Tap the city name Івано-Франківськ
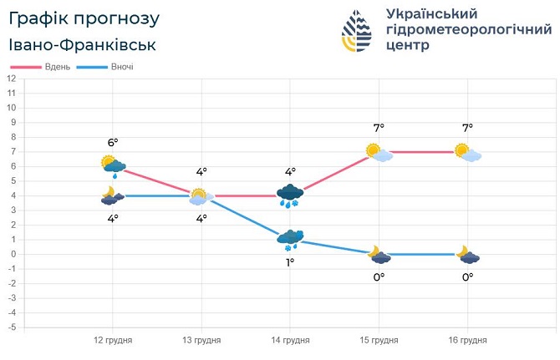(x=83, y=44)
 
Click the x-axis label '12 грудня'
(x=112, y=341)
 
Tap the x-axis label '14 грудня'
(x=290, y=341)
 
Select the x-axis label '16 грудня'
(x=467, y=341)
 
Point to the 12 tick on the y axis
(x=12, y=78)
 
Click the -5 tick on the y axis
(x=11, y=327)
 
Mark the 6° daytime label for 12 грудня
(x=113, y=143)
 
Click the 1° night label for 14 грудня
(x=290, y=262)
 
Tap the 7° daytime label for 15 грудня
(x=379, y=128)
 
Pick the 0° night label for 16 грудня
(x=467, y=277)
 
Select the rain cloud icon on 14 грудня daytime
(x=290, y=195)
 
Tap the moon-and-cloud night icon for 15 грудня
(x=379, y=254)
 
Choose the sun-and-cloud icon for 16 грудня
(x=467, y=152)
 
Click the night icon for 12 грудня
(x=112, y=195)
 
